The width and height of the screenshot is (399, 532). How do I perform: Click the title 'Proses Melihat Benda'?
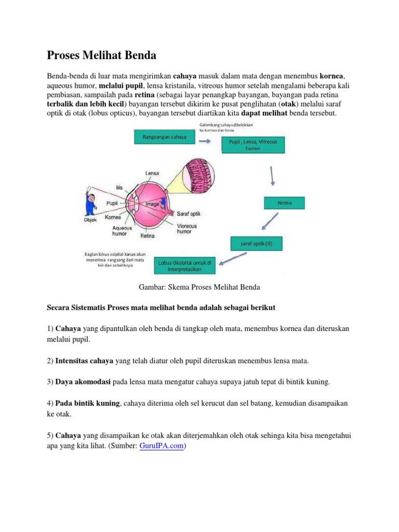pyautogui.click(x=101, y=55)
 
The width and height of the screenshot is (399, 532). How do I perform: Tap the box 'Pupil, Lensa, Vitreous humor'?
pyautogui.click(x=253, y=144)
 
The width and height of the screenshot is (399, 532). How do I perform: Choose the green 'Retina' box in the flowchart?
pyautogui.click(x=284, y=204)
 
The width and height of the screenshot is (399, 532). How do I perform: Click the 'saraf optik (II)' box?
pyautogui.click(x=256, y=244)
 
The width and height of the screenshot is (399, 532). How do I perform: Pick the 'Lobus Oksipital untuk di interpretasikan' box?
pyautogui.click(x=184, y=266)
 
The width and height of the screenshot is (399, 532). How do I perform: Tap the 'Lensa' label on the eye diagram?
pyautogui.click(x=152, y=173)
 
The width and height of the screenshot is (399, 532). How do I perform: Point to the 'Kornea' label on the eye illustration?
pyautogui.click(x=113, y=217)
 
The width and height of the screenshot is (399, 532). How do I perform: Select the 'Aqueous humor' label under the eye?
pyautogui.click(x=122, y=231)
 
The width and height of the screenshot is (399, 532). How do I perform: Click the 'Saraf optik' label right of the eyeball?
pyautogui.click(x=189, y=214)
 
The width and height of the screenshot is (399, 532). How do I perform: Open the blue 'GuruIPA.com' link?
pyautogui.click(x=162, y=446)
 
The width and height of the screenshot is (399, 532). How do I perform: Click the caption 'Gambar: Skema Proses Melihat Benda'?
pyautogui.click(x=199, y=287)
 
